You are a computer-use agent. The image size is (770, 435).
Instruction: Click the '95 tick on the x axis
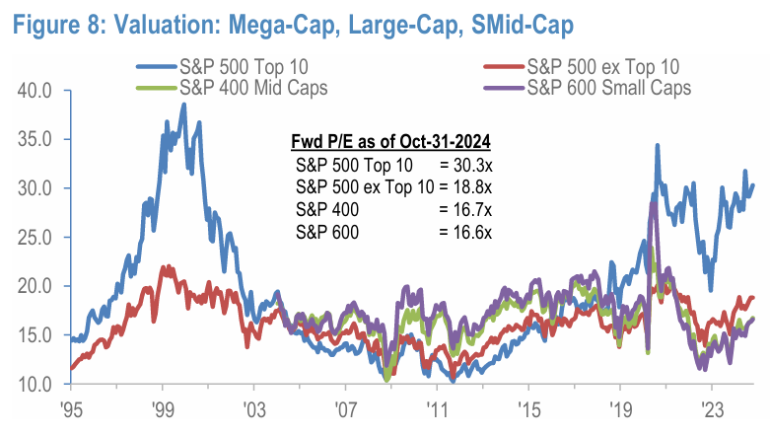point(70,408)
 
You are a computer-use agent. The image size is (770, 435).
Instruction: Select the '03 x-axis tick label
point(253,408)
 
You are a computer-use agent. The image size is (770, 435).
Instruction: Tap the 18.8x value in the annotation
point(475,186)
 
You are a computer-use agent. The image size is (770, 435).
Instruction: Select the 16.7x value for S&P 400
point(475,209)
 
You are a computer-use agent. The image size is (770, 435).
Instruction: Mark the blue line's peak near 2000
point(183,104)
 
